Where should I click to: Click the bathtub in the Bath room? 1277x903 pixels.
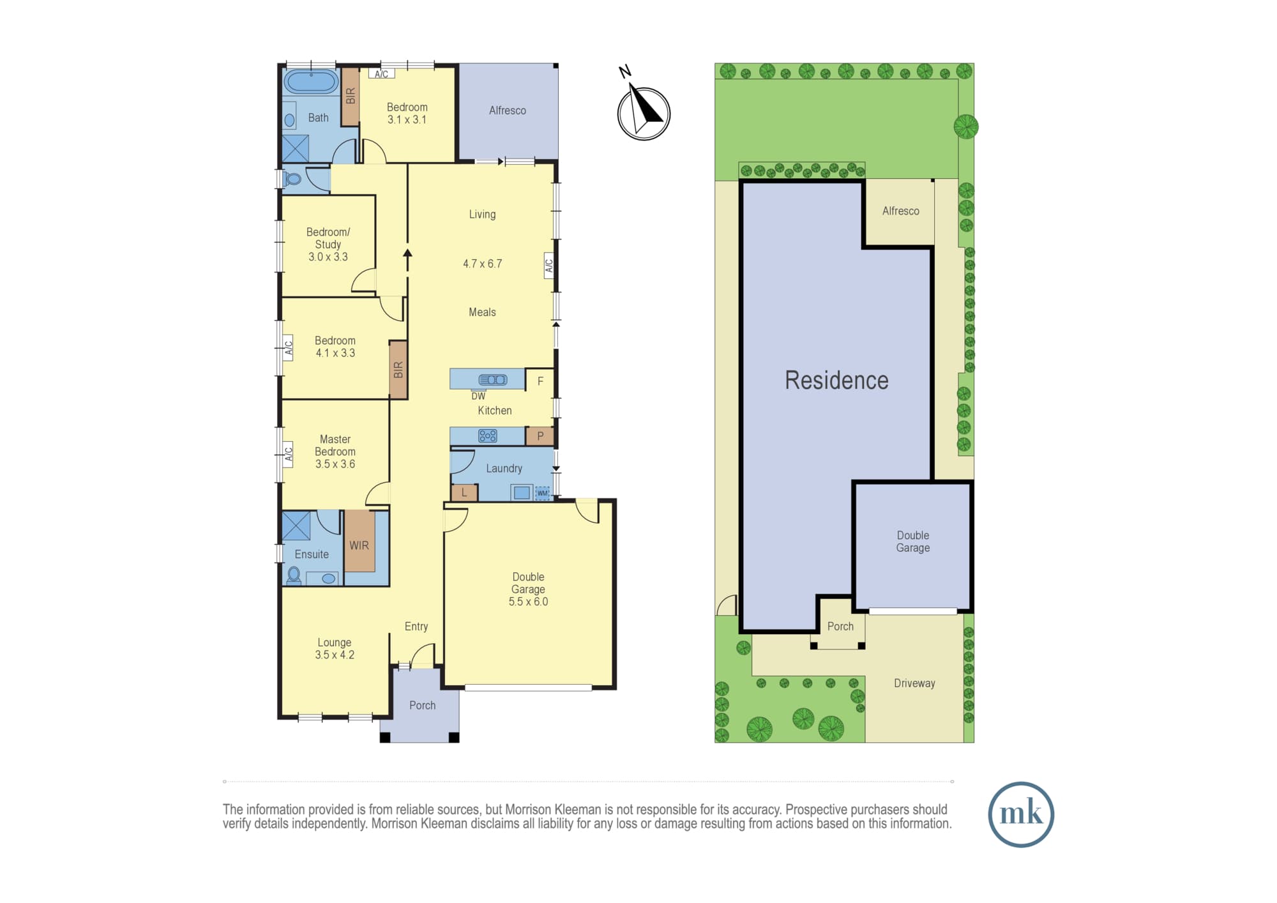pos(311,82)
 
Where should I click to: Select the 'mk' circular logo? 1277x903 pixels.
pos(1020,814)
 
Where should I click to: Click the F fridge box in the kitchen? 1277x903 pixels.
pos(540,381)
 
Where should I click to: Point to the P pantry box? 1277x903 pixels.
pos(540,436)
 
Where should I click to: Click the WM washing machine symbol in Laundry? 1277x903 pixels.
pos(542,493)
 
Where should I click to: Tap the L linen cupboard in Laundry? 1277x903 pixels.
pos(464,492)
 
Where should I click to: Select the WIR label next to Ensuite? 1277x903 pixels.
pos(359,545)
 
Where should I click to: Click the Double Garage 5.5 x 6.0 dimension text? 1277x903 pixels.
pos(528,602)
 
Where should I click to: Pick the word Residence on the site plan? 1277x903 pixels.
pos(836,381)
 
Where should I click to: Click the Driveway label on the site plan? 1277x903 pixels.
pos(914,683)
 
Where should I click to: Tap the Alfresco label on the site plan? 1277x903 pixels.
pos(901,211)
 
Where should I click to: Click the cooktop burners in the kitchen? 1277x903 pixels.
pos(488,436)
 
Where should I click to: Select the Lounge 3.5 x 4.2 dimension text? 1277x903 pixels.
pos(335,655)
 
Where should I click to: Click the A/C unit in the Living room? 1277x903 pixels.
pos(548,266)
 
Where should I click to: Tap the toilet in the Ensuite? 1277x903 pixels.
pos(294,575)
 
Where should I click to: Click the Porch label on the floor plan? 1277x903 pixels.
pos(423,705)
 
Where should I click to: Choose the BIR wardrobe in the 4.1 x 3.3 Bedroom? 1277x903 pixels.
pos(398,370)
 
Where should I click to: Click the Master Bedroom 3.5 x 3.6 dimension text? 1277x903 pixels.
pos(335,464)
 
